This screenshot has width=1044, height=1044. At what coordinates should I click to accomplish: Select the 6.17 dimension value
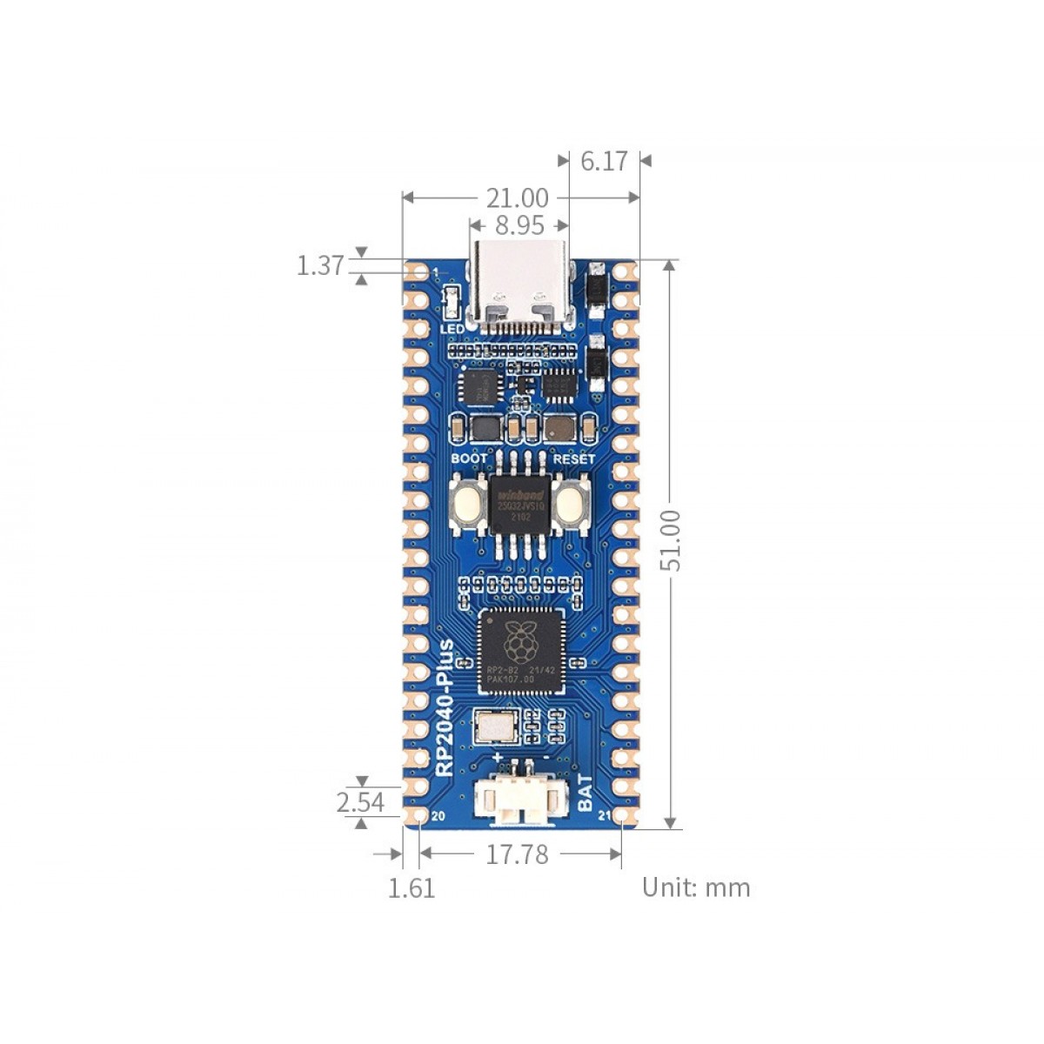pos(604,161)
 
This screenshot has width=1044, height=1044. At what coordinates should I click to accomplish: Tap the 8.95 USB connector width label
pos(519,225)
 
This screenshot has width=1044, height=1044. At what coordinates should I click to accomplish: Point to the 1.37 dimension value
pos(320,265)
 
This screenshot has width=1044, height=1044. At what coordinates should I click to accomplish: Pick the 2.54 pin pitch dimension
pos(360,801)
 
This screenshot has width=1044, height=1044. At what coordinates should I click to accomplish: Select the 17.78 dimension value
pos(517,854)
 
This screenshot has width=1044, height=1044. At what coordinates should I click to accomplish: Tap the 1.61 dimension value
pos(411,888)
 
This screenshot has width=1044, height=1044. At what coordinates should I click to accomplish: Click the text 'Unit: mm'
pos(695,887)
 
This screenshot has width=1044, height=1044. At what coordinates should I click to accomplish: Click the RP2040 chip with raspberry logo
pos(521,651)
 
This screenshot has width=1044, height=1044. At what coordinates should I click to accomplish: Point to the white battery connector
pos(519,800)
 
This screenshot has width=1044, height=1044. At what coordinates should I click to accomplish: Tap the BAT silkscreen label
pos(585,793)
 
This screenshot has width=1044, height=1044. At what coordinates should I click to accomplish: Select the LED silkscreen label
pos(452,329)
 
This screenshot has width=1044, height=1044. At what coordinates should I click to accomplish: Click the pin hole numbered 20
pos(418,816)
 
